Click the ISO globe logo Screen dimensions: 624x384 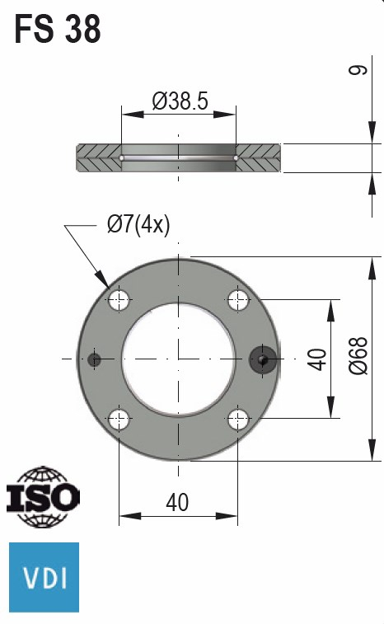pos(43,497)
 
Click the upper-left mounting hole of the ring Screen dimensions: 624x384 pos(119,299)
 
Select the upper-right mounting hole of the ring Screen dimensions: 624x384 pos(239,299)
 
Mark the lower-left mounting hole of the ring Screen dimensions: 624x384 pos(119,419)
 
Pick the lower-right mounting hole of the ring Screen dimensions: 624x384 pos(239,419)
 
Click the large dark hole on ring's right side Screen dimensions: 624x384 pos(263,359)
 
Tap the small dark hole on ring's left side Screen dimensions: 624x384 pos(94,359)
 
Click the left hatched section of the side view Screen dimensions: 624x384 pos(98,158)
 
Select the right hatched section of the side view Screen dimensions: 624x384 pos(260,158)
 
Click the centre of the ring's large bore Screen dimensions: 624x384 pos(179,359)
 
